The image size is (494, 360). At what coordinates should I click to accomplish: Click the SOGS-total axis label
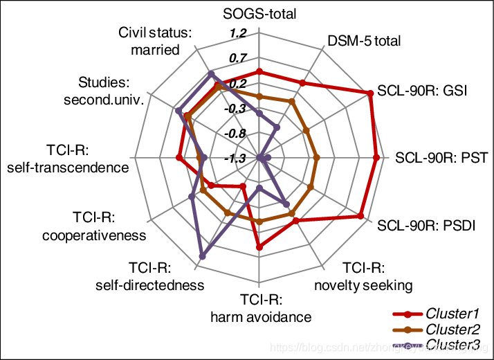[x=259, y=15]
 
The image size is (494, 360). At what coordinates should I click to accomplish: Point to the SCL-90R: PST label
[x=441, y=158]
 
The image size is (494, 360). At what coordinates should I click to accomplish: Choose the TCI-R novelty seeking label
[x=363, y=276]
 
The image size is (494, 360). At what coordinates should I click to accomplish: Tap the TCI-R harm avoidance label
[x=261, y=309]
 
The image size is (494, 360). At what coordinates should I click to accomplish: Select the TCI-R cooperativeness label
[x=94, y=226]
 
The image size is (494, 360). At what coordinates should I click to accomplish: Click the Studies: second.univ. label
[x=104, y=91]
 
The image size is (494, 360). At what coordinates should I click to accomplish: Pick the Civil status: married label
[x=148, y=41]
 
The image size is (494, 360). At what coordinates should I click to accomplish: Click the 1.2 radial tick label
[x=239, y=33]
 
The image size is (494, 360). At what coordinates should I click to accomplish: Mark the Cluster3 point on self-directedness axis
[x=202, y=257]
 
